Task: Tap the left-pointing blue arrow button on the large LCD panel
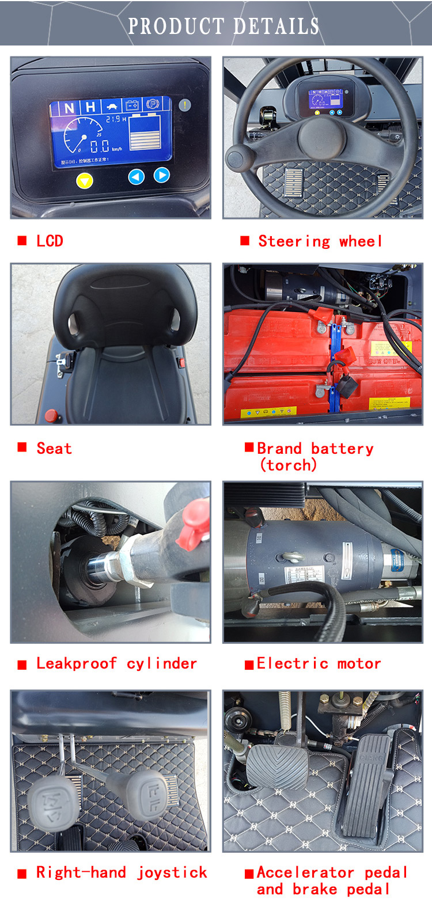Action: pos(136,177)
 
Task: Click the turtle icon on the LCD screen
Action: pos(111,107)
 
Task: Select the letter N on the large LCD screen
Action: pos(69,108)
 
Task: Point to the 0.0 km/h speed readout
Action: pos(100,147)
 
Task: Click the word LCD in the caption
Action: pos(50,241)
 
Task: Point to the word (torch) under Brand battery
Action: pos(288,465)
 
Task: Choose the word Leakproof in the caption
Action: pos(76,663)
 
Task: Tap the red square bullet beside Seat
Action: pos(22,447)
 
